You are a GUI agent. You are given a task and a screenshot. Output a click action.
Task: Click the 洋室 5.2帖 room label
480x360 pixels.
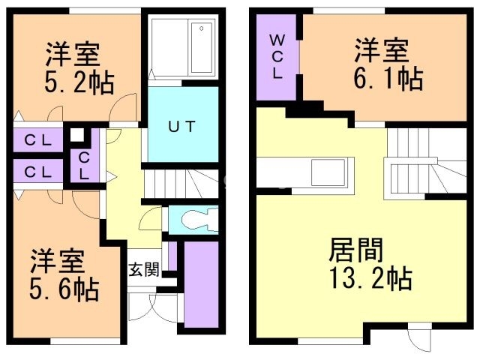tap(79, 68)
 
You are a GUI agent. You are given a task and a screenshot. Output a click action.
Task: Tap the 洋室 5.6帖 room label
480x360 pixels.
tap(64, 274)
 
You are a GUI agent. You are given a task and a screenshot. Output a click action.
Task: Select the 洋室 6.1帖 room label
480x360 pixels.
tap(388, 64)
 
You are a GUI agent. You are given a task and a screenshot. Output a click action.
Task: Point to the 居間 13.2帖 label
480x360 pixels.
tap(371, 264)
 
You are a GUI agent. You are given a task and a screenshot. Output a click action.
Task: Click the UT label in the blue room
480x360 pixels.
tap(182, 126)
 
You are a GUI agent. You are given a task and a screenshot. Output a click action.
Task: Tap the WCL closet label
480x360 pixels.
tap(277, 57)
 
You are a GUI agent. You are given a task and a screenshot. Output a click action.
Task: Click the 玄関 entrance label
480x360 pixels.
tap(144, 270)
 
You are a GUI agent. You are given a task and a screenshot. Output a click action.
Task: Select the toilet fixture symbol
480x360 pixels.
tap(199, 220)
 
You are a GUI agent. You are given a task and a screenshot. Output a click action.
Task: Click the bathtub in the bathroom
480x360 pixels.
tap(202, 47)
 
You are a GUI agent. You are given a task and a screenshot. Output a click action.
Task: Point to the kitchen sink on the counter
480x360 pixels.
tap(329, 172)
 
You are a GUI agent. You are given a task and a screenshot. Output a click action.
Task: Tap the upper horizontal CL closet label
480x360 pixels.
tap(38, 140)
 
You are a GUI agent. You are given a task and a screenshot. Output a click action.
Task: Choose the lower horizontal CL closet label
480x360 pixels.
tap(38, 172)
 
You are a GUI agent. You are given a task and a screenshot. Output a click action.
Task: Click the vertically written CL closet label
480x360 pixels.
tap(84, 166)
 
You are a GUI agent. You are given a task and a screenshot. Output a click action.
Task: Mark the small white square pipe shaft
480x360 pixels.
tap(77, 135)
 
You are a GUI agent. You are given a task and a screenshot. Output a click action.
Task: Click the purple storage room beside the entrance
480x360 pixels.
tap(202, 284)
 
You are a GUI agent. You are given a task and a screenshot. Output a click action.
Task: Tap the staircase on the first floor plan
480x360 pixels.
tap(181, 183)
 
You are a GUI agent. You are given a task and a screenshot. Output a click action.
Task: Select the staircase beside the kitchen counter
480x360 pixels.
tap(426, 163)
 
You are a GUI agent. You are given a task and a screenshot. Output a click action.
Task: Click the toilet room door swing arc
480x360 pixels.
tap(150, 218)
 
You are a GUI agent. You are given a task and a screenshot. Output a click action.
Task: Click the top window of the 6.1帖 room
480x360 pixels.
tap(349, 11)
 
